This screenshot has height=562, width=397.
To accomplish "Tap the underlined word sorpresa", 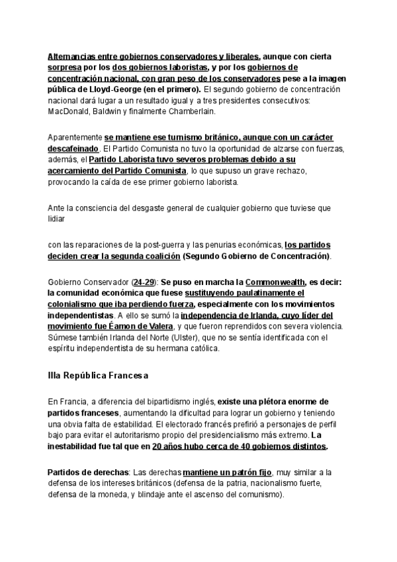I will pos(64,68).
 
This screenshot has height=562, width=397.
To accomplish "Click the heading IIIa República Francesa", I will pos(98,375).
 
